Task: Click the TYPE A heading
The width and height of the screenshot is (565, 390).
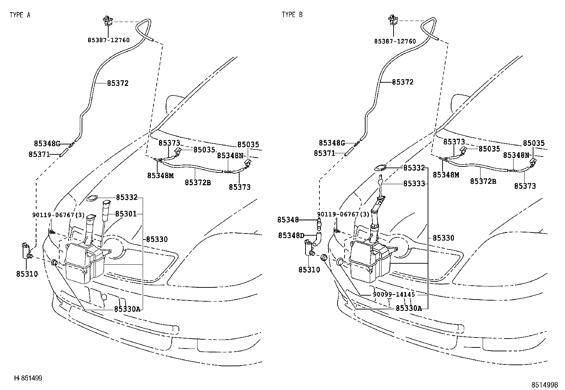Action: [20, 15]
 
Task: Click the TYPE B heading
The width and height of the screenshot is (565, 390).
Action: [292, 15]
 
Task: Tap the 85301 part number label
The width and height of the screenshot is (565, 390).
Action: [126, 214]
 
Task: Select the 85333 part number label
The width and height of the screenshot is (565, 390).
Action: [414, 184]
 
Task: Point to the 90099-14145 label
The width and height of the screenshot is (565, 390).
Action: [394, 295]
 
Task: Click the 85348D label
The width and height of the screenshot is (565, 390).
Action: [291, 236]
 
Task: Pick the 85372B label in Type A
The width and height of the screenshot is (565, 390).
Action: [198, 183]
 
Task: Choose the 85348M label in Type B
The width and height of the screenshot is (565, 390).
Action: [446, 175]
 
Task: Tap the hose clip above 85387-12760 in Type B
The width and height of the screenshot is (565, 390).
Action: [393, 20]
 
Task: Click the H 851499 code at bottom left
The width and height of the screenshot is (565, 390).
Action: [28, 378]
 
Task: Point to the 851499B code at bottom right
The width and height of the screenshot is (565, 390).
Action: [545, 385]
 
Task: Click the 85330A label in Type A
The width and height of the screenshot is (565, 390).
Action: [127, 309]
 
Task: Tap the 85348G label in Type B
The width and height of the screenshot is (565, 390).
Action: [332, 143]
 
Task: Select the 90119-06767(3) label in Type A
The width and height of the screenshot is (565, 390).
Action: [58, 215]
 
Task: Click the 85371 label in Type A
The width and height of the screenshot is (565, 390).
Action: [39, 154]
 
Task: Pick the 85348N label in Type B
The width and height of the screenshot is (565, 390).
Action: [516, 155]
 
